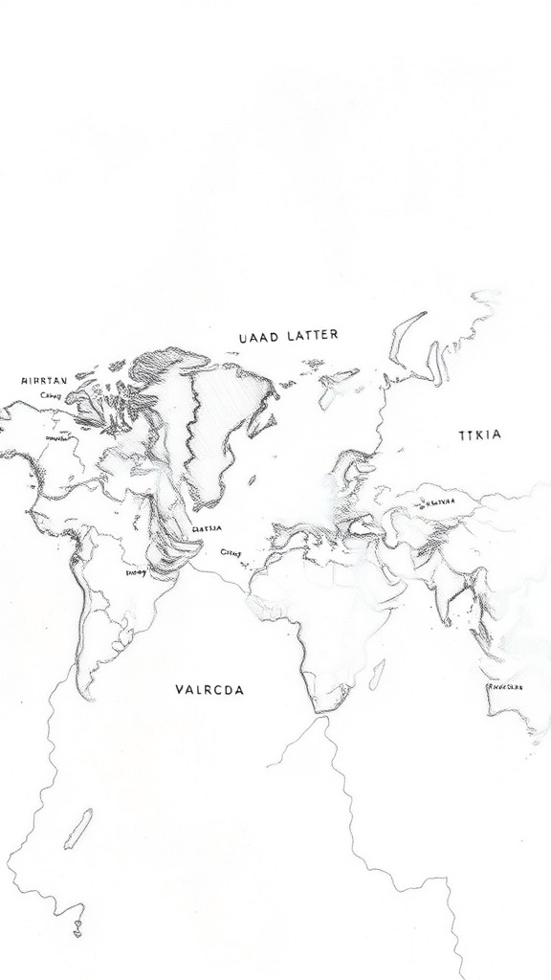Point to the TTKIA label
tap(479, 434)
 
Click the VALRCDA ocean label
tap(209, 689)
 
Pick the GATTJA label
tap(208, 527)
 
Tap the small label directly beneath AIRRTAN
tap(50, 395)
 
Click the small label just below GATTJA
tap(231, 552)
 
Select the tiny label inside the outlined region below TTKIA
tap(437, 501)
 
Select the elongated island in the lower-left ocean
tap(78, 829)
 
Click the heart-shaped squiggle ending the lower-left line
tap(78, 929)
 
